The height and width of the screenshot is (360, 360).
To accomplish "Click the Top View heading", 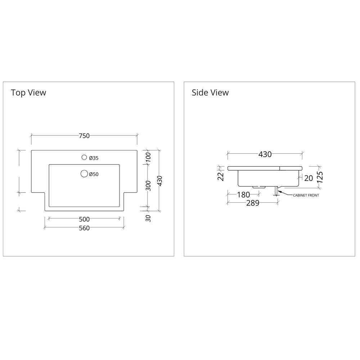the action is coord(28,93).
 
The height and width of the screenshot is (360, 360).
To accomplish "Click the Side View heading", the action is coord(210,93).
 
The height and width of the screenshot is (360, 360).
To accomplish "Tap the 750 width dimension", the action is coord(84,136).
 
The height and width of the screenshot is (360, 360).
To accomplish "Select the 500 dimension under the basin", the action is coord(84,219).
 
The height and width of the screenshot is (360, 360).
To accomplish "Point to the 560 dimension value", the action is coord(84,228).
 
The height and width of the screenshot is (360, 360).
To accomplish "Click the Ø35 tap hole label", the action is coord(94,158).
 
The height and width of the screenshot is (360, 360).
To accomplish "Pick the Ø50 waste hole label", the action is coord(94,174).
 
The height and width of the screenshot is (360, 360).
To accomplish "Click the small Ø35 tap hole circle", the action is coord(84,157).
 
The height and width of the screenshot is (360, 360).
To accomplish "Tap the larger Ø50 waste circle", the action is coord(84,174).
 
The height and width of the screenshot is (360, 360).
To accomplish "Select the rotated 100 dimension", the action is coord(148,157).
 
